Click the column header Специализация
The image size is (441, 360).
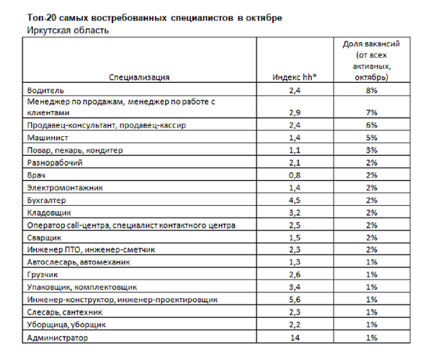pos(139,77)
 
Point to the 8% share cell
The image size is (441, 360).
pos(371,91)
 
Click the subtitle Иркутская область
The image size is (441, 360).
pos(67,30)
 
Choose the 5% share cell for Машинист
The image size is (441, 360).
pos(371,138)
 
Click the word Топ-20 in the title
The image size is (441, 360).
pos(43,17)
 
